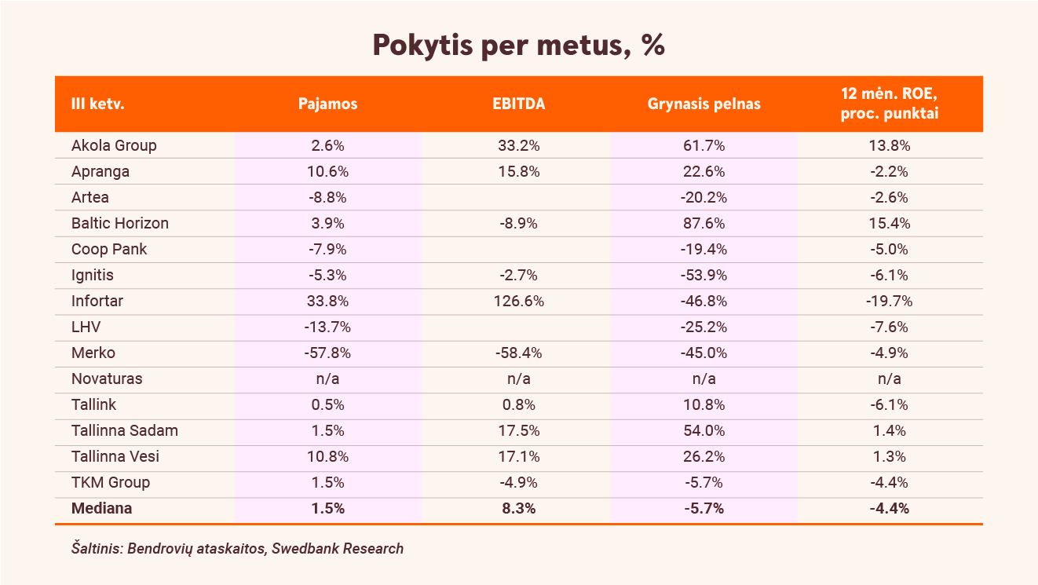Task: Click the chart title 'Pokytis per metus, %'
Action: pyautogui.click(x=518, y=46)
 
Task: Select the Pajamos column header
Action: pyautogui.click(x=327, y=104)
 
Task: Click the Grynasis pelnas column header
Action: pyautogui.click(x=704, y=104)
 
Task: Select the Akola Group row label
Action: pyautogui.click(x=114, y=145)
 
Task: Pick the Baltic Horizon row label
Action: pyautogui.click(x=119, y=223)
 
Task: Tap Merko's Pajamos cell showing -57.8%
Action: pyautogui.click(x=327, y=353)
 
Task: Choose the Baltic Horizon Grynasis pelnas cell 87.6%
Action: pyautogui.click(x=704, y=223)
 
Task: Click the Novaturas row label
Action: pyautogui.click(x=107, y=378)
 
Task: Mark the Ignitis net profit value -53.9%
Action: pyautogui.click(x=704, y=275)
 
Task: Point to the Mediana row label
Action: pyautogui.click(x=101, y=508)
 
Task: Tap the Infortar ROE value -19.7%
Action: pyautogui.click(x=889, y=301)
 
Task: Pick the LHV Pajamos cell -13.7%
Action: pyautogui.click(x=327, y=327)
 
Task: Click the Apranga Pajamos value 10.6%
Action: pyautogui.click(x=327, y=171)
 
